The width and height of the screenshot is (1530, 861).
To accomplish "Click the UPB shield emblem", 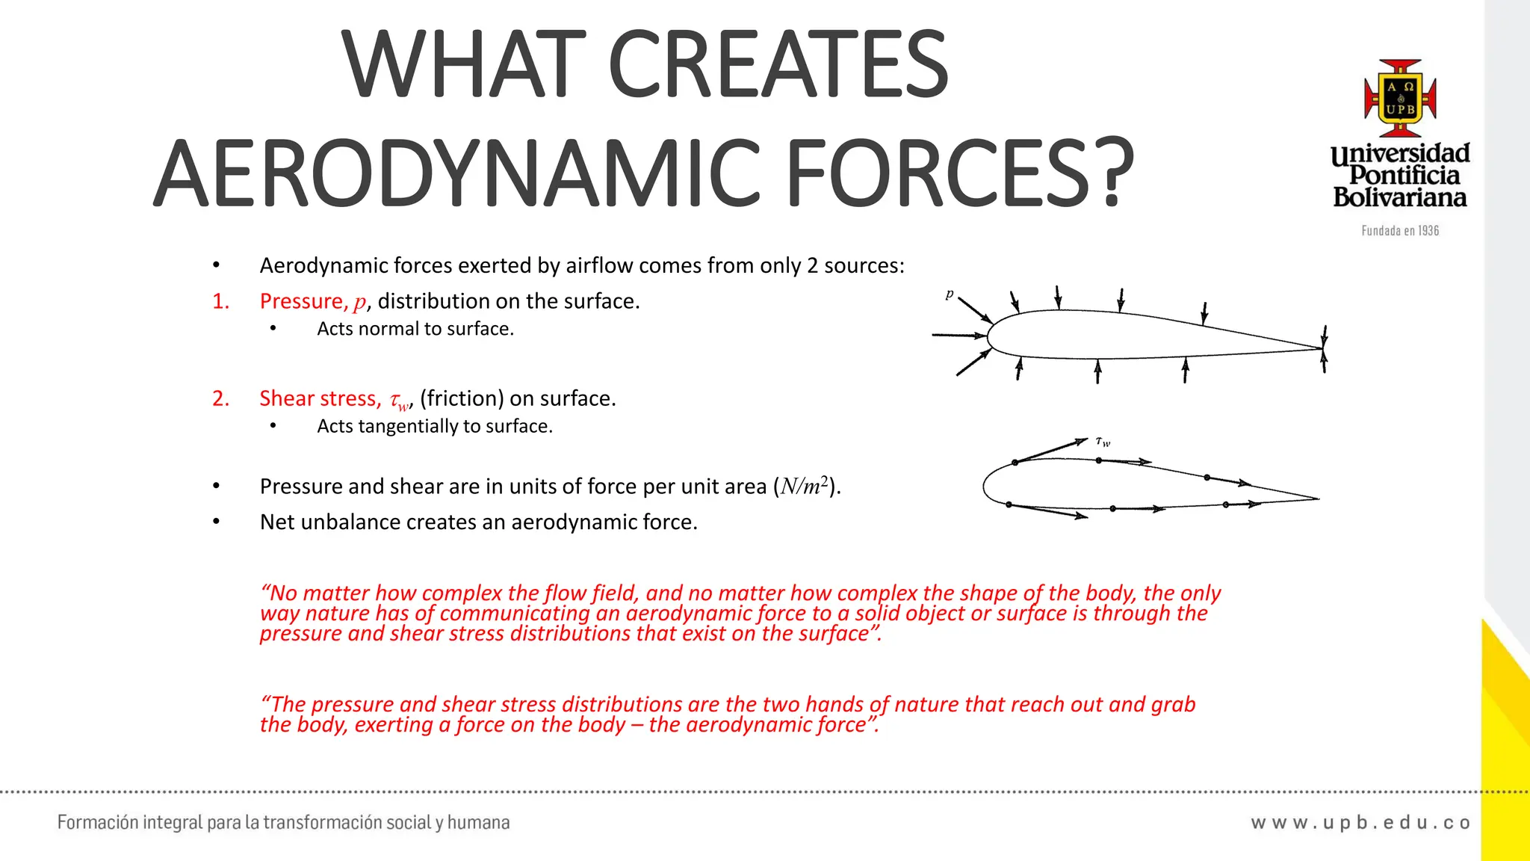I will click(1400, 98).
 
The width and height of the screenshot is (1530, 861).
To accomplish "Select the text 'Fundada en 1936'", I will click(1400, 231).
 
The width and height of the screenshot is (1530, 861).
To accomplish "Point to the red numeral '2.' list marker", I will click(221, 398).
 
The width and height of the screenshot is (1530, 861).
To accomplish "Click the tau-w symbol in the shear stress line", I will click(400, 401).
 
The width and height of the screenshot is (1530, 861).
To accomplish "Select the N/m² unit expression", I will click(804, 487).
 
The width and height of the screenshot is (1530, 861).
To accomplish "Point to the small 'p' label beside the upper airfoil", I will click(950, 294).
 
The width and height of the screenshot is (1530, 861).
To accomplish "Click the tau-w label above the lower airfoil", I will click(1103, 442).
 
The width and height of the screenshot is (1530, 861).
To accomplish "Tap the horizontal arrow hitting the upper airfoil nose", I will click(959, 336).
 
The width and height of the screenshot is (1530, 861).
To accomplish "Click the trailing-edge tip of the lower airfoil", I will click(1318, 499).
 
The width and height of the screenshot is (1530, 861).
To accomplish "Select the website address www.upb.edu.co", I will click(1360, 823).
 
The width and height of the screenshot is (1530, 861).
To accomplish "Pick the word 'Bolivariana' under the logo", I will click(1400, 197).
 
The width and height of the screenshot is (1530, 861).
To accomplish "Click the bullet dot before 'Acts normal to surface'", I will click(273, 329).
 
